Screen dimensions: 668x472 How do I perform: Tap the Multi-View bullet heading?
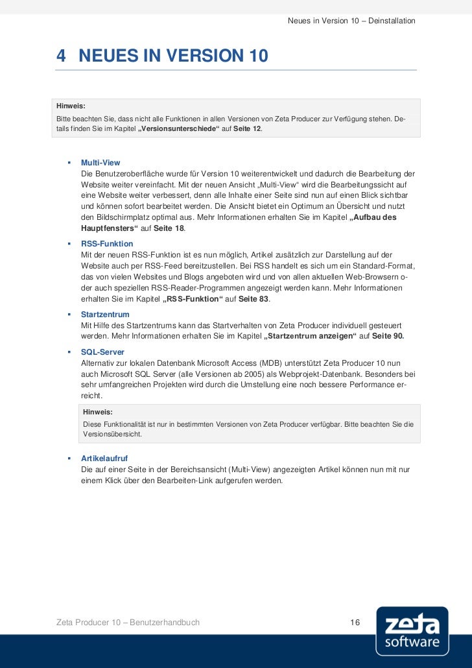pos(100,162)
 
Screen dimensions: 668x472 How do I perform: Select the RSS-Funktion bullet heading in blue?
pos(107,244)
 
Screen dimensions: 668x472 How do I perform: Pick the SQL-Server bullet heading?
pos(102,352)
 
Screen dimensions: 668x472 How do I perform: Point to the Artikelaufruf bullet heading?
pos(104,458)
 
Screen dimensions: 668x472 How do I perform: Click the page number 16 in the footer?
pos(355,623)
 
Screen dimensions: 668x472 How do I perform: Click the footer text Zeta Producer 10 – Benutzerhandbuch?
pos(128,623)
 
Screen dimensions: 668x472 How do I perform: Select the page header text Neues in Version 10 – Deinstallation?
pos(351,22)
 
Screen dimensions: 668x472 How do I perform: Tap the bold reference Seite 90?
pos(388,336)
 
